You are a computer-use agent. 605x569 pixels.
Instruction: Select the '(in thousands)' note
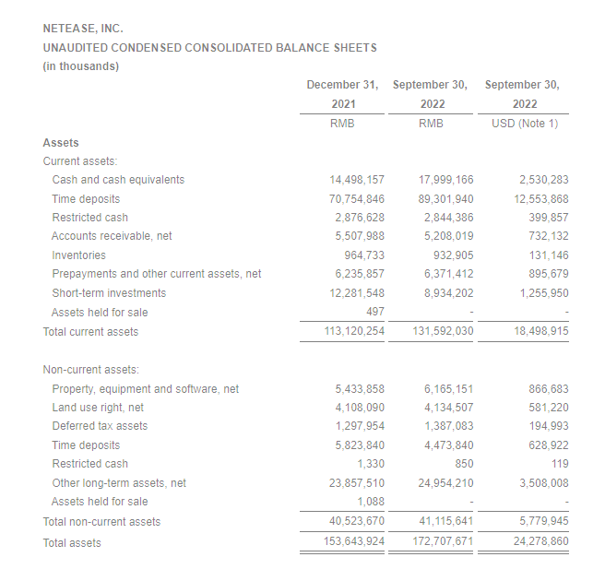point(80,66)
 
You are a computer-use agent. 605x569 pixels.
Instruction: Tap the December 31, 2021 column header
point(342,94)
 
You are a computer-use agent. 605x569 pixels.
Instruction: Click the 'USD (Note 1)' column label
point(526,124)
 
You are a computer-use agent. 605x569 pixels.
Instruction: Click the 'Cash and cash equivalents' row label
point(118,180)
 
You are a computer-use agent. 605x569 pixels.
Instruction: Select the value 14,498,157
point(356,180)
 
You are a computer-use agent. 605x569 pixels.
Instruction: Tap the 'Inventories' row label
point(78,255)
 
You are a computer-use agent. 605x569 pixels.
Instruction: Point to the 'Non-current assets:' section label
point(89,370)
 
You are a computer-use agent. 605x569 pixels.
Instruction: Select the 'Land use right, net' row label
point(98,408)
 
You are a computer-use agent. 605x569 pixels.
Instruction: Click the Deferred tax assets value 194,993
point(544,426)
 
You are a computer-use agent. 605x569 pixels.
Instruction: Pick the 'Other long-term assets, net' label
point(119,483)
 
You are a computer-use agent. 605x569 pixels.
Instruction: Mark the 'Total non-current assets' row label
point(101,522)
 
